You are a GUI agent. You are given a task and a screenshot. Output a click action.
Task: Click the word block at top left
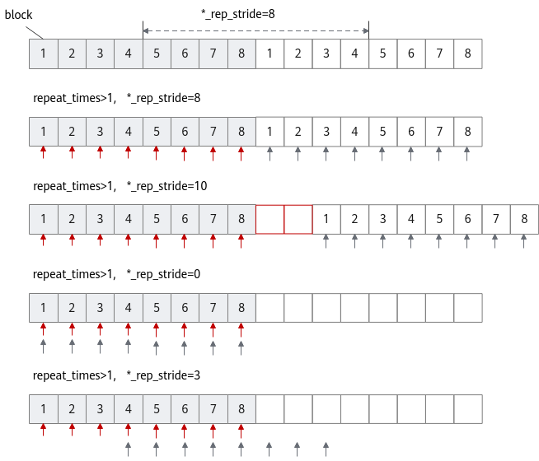pyautogui.click(x=19, y=15)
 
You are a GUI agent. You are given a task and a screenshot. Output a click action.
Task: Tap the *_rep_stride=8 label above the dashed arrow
pyautogui.click(x=238, y=14)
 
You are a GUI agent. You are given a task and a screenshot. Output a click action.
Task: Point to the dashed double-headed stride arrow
pyautogui.click(x=255, y=31)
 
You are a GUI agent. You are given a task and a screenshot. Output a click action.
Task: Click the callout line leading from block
pyautogui.click(x=35, y=33)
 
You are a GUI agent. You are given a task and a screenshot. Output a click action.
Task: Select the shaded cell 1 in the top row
pyautogui.click(x=44, y=54)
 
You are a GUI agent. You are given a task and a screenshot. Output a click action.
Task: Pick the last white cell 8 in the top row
pyautogui.click(x=468, y=54)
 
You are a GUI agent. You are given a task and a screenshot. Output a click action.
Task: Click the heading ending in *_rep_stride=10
pyautogui.click(x=120, y=186)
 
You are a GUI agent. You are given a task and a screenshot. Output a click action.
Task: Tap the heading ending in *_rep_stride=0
pyautogui.click(x=116, y=274)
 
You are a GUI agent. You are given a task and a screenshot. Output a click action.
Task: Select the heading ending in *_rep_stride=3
pyautogui.click(x=116, y=375)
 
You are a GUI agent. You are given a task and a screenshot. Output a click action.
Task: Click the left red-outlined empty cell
pyautogui.click(x=269, y=219)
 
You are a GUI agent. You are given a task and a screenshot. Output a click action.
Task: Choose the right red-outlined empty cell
pyautogui.click(x=298, y=219)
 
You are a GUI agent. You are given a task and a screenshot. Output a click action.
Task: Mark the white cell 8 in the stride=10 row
pyautogui.click(x=524, y=219)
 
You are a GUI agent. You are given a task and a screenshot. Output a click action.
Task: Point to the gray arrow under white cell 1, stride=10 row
pyautogui.click(x=326, y=241)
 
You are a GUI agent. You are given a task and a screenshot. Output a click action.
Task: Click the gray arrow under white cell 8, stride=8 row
pyautogui.click(x=466, y=154)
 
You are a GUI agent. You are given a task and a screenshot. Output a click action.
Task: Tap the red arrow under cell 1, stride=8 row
pyautogui.click(x=44, y=152)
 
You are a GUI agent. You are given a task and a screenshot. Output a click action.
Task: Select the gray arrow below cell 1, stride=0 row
pyautogui.click(x=44, y=346)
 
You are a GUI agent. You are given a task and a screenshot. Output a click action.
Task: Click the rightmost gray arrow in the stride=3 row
pyautogui.click(x=326, y=449)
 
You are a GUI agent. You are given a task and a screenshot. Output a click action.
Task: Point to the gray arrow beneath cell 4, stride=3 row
pyautogui.click(x=129, y=449)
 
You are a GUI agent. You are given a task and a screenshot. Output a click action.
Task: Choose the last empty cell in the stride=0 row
pyautogui.click(x=468, y=308)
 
